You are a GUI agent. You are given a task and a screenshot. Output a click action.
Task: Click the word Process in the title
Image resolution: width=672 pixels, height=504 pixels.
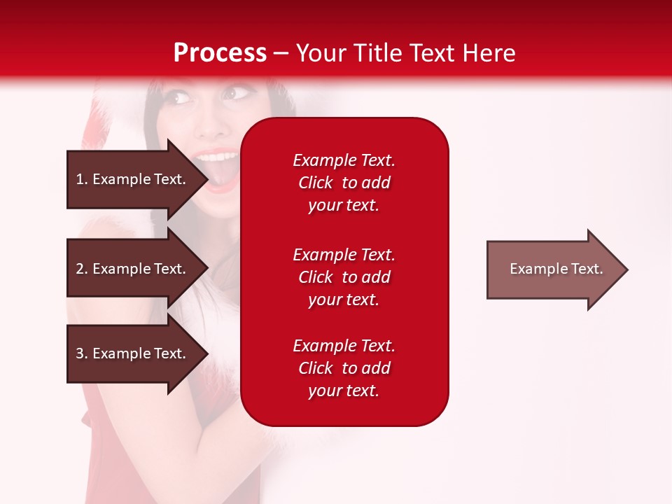(220, 53)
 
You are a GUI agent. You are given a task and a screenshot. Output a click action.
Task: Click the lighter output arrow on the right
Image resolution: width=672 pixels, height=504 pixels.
(553, 269)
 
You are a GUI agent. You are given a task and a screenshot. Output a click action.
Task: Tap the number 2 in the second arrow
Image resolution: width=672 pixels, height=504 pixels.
(80, 269)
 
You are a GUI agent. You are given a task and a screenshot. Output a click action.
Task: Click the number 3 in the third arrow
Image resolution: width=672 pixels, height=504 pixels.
(80, 353)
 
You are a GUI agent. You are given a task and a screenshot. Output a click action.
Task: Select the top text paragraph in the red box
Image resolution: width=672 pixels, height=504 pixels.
(344, 183)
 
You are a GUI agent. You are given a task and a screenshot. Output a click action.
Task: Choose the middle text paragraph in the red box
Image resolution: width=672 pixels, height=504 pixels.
(344, 277)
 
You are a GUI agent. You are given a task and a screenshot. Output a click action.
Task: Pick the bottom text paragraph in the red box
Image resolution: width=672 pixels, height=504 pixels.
(344, 368)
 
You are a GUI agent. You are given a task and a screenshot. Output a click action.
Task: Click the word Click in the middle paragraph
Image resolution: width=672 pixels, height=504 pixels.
(315, 277)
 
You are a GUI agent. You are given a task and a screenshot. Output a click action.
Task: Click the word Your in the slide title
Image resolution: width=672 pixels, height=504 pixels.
(321, 53)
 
